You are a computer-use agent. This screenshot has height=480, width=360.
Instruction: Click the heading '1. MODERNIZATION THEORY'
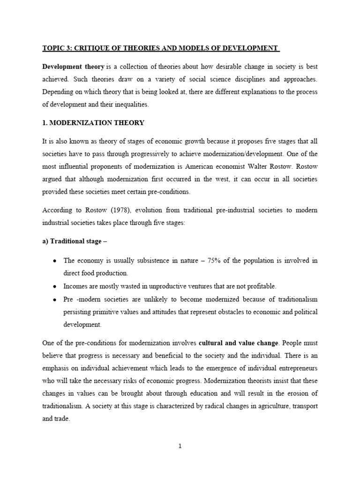click(93, 123)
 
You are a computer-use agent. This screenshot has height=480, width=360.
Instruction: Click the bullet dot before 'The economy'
click(55, 260)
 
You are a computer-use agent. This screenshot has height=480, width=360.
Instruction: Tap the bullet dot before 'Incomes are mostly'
click(55, 285)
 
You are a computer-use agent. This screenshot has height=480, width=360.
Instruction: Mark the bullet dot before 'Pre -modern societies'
click(55, 299)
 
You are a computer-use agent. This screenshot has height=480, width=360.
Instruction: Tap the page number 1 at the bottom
click(180, 446)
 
